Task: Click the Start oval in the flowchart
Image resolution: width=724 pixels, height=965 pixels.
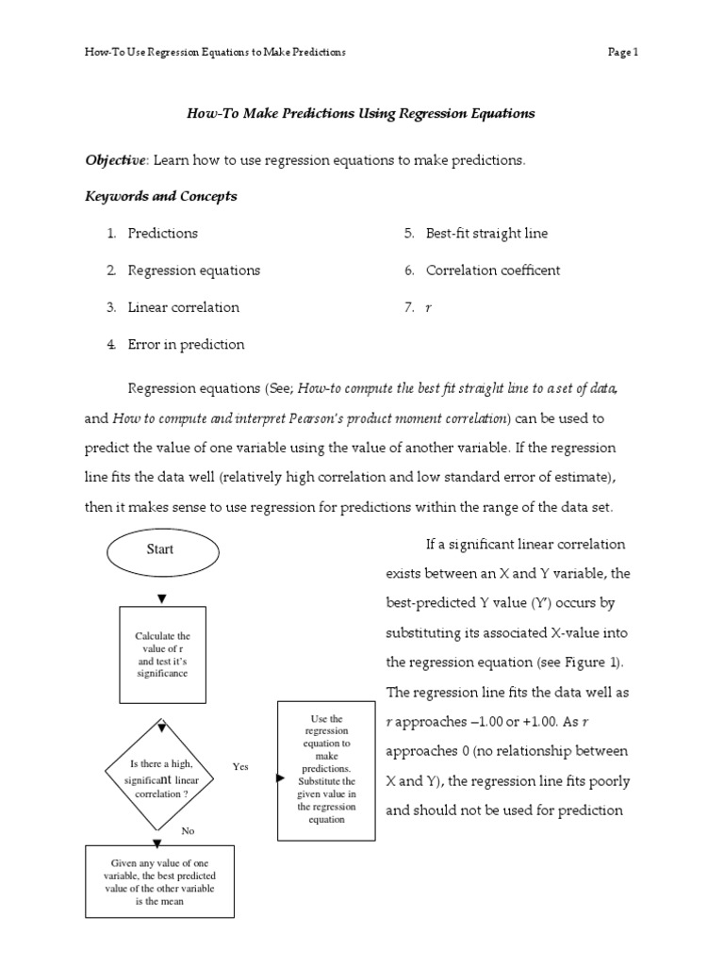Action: point(160,550)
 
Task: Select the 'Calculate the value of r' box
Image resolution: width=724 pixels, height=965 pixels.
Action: point(162,655)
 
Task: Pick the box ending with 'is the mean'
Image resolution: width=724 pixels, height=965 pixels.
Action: point(159,881)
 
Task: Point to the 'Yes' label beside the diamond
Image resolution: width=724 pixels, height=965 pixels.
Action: point(240,767)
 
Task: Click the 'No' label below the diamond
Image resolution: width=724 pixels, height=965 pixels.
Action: point(188,831)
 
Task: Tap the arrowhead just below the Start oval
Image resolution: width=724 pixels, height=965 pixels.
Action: point(162,598)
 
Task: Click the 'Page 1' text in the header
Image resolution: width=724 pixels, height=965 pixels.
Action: point(623,53)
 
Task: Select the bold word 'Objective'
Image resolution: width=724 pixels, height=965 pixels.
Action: point(116,160)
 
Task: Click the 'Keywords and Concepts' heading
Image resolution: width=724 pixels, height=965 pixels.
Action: point(161,197)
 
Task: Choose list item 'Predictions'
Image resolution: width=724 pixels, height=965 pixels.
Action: point(163,234)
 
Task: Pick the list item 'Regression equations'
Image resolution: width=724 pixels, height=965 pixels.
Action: point(193,270)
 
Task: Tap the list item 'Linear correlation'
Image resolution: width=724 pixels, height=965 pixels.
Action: point(184,307)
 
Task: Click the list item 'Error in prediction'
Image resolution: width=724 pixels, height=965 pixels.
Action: point(186,345)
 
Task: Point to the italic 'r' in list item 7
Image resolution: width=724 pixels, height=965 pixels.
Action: point(429,308)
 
